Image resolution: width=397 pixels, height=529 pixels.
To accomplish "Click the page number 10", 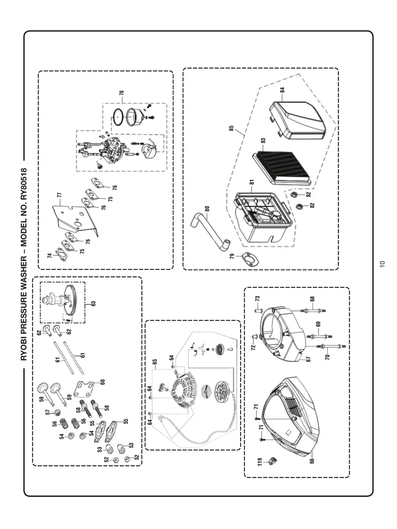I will click(382, 263).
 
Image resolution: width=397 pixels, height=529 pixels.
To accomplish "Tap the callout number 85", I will click(231, 130).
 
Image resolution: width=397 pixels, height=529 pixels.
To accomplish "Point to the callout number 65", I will click(155, 362).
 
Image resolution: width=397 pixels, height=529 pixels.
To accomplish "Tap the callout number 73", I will click(258, 298).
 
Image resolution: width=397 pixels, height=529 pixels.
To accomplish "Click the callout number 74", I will click(50, 255).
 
